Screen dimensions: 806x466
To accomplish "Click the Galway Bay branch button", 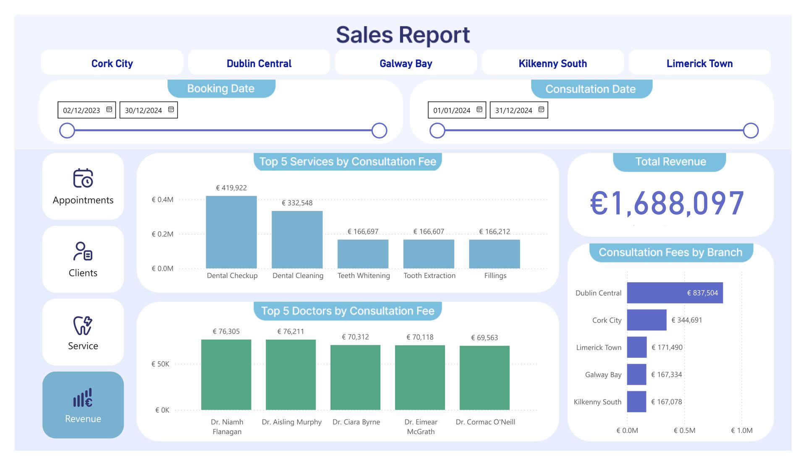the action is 406,63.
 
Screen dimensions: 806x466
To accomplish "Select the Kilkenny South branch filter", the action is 552,63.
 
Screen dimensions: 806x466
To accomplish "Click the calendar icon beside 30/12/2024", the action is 171,109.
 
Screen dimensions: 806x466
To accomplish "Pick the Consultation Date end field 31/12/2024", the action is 519,110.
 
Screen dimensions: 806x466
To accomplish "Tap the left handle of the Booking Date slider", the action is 67,130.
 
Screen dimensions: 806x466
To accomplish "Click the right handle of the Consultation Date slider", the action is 751,130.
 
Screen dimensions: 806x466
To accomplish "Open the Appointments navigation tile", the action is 83,186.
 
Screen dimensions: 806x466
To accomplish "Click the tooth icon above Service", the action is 83,325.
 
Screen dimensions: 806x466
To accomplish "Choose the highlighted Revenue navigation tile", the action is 83,405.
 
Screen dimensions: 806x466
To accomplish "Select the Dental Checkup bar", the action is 231,232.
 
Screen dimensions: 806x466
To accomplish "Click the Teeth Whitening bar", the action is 363,254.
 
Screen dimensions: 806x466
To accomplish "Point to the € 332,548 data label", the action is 297,203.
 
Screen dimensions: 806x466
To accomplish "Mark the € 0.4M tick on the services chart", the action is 162,200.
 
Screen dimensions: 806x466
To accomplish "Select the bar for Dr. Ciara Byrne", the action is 356,377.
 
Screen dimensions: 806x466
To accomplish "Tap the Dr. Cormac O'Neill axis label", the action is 485,422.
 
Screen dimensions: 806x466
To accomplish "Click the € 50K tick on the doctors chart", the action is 160,364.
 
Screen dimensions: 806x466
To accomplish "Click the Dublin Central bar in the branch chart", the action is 675,293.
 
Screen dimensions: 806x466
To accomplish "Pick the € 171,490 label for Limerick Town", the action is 667,347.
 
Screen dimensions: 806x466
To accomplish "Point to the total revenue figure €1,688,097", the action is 667,203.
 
